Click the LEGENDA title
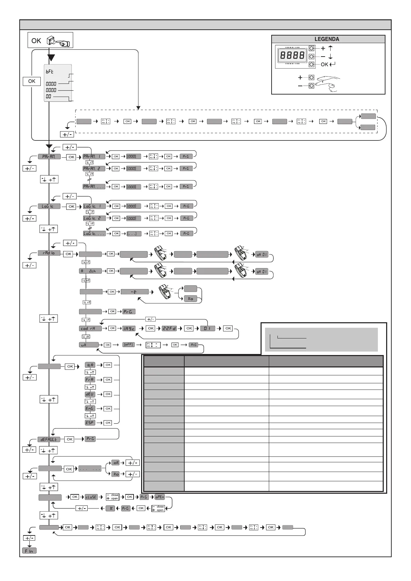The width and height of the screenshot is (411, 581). [x=327, y=39]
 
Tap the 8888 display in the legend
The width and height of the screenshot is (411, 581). [x=292, y=56]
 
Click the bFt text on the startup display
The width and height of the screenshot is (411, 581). [x=50, y=72]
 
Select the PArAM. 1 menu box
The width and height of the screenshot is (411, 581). [x=94, y=157]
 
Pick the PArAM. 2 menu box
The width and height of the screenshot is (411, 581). [x=94, y=169]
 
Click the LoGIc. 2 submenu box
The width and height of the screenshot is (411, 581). [x=94, y=218]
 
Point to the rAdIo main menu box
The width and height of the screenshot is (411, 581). [x=49, y=253]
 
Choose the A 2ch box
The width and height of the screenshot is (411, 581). [x=90, y=271]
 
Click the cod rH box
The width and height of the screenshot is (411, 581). [x=90, y=328]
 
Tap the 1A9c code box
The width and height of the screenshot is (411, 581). [x=129, y=328]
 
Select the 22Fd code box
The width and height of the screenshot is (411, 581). [x=169, y=328]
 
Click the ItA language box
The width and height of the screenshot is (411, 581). [x=90, y=365]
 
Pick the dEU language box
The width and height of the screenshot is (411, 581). [x=90, y=394]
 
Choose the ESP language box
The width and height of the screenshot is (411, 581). [x=90, y=423]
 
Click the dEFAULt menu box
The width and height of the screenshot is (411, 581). [x=49, y=440]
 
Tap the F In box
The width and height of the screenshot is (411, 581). [x=29, y=551]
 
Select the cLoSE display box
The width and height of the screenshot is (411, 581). [x=91, y=497]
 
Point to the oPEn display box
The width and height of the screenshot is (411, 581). [x=160, y=497]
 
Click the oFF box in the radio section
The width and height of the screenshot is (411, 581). [x=128, y=345]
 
